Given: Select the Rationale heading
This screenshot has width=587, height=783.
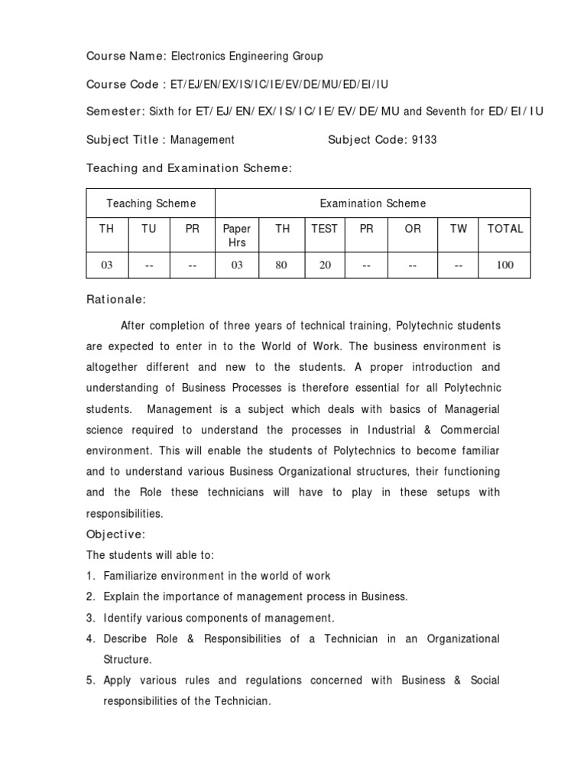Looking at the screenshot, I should [x=117, y=301].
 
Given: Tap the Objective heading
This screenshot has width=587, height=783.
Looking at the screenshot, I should [x=115, y=534].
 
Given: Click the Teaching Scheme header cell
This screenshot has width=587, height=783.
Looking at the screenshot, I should [x=151, y=203].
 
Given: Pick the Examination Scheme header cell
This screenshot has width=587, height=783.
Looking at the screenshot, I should [x=373, y=203].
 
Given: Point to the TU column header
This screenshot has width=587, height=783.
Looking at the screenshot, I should [x=150, y=229].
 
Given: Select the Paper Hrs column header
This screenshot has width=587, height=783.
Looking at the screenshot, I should [x=237, y=236].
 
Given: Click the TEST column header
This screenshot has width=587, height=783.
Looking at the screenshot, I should [x=324, y=229].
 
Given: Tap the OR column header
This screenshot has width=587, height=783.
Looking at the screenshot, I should [x=413, y=229].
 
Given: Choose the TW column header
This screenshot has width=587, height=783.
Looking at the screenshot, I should [x=459, y=229].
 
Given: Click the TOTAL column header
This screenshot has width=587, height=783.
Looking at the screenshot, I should [x=504, y=229].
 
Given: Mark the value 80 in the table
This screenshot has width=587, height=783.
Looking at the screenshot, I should [x=282, y=265].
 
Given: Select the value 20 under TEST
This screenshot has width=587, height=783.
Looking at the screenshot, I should [x=324, y=265].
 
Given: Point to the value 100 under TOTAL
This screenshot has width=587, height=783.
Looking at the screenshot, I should [x=504, y=265].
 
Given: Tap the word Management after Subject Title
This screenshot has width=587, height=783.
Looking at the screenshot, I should [x=203, y=140].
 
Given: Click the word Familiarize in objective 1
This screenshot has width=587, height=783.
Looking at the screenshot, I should [x=134, y=576].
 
